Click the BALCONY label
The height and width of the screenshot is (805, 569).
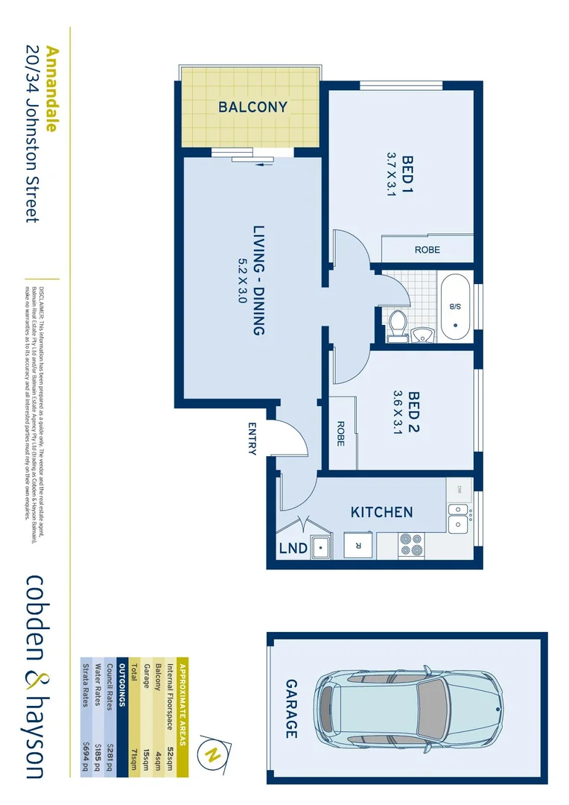[252, 107]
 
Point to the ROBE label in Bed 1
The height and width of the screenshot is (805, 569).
[427, 250]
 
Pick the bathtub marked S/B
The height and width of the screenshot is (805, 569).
[454, 307]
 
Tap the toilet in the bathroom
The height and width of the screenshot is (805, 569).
[398, 324]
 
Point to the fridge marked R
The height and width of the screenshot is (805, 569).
[358, 545]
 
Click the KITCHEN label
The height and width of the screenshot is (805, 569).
[381, 513]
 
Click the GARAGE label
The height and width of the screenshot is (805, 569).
[291, 708]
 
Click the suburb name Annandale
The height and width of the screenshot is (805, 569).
[51, 89]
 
